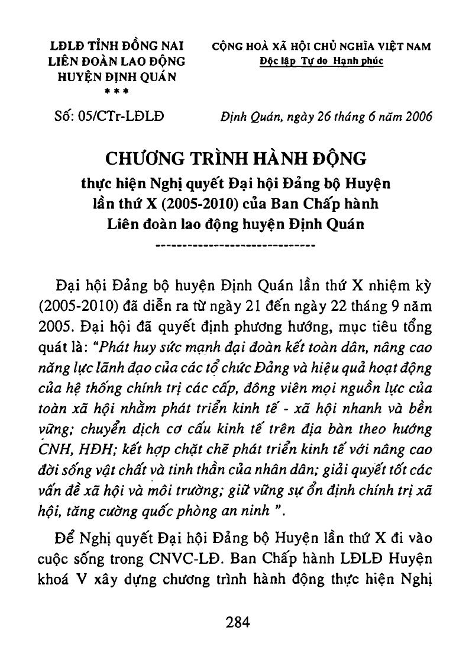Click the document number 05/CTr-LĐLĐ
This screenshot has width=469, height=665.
tap(109, 115)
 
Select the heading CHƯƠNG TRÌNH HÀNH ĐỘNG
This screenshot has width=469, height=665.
tap(236, 159)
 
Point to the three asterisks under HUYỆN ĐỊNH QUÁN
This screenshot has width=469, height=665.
tap(117, 90)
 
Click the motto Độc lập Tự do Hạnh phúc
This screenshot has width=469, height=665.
tap(322, 61)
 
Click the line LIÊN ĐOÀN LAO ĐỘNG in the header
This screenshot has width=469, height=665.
tap(117, 61)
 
